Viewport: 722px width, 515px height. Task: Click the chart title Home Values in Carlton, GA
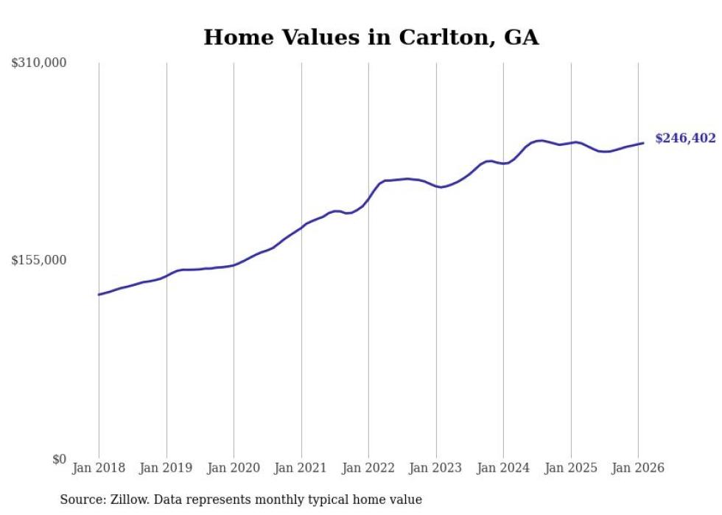[x=371, y=38]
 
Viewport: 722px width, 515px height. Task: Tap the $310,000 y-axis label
[x=38, y=63]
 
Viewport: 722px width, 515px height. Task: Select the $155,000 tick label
[x=38, y=260]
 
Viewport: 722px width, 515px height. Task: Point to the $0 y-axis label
[x=59, y=459]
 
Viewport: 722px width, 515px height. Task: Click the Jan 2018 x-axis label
[x=99, y=468]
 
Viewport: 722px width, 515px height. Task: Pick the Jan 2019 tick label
[x=167, y=468]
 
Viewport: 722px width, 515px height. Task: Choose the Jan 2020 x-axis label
[x=234, y=468]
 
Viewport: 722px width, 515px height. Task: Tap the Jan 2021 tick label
[x=301, y=468]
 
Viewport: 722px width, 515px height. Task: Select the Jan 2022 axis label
[x=368, y=468]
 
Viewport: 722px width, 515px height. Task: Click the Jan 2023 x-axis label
[x=436, y=468]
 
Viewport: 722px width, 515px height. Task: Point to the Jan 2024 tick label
[x=503, y=468]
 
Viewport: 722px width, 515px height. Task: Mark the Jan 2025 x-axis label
[x=571, y=468]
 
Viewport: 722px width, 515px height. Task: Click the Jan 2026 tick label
[x=638, y=468]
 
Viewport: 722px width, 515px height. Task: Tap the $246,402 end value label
[x=685, y=139]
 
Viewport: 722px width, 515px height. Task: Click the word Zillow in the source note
[x=130, y=500]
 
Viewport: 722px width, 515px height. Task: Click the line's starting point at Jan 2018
[x=99, y=295]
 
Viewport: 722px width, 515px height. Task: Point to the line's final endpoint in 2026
[x=643, y=143]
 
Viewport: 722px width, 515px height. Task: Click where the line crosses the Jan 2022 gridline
[x=368, y=197]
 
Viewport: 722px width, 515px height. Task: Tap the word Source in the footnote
[x=81, y=500]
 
